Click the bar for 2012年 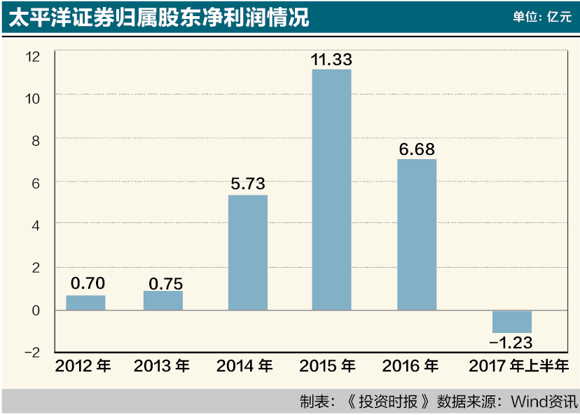[x=85, y=303]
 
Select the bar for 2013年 [x=163, y=301]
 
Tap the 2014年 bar [x=248, y=252]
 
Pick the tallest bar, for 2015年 [x=331, y=189]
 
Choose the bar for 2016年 [x=417, y=235]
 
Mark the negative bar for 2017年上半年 [x=512, y=322]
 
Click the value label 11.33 [x=331, y=60]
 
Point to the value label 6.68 [x=417, y=149]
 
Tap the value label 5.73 [x=248, y=185]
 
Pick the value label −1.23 [x=511, y=343]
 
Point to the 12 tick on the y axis [x=33, y=55]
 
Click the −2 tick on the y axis [x=32, y=352]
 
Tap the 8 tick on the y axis [x=36, y=140]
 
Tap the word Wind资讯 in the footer [x=544, y=402]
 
